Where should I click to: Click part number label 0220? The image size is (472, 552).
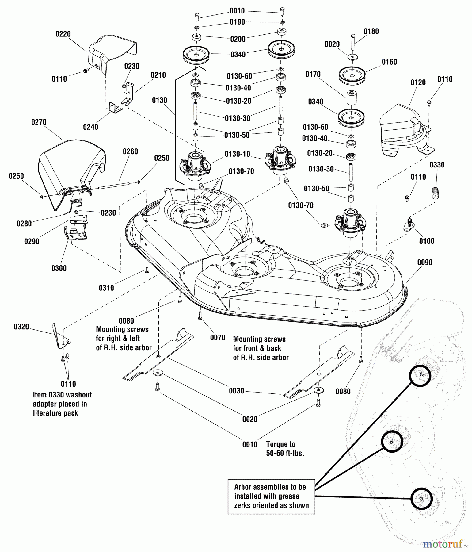click(x=63, y=34)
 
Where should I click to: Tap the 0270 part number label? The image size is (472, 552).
click(x=39, y=122)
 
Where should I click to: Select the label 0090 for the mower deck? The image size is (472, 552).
click(x=425, y=263)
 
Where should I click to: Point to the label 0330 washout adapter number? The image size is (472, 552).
click(x=437, y=165)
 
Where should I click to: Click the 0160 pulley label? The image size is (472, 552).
click(x=389, y=62)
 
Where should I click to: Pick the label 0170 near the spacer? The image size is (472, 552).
click(x=313, y=74)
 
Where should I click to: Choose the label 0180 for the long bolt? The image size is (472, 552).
click(x=371, y=31)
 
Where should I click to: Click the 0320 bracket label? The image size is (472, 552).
click(x=21, y=327)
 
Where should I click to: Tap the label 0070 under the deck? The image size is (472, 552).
click(x=218, y=338)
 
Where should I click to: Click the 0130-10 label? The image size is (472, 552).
click(x=237, y=154)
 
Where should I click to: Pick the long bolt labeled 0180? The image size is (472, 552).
click(x=353, y=43)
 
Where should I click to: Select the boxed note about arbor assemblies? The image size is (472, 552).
click(x=271, y=496)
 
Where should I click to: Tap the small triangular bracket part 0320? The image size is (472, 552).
click(x=61, y=337)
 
